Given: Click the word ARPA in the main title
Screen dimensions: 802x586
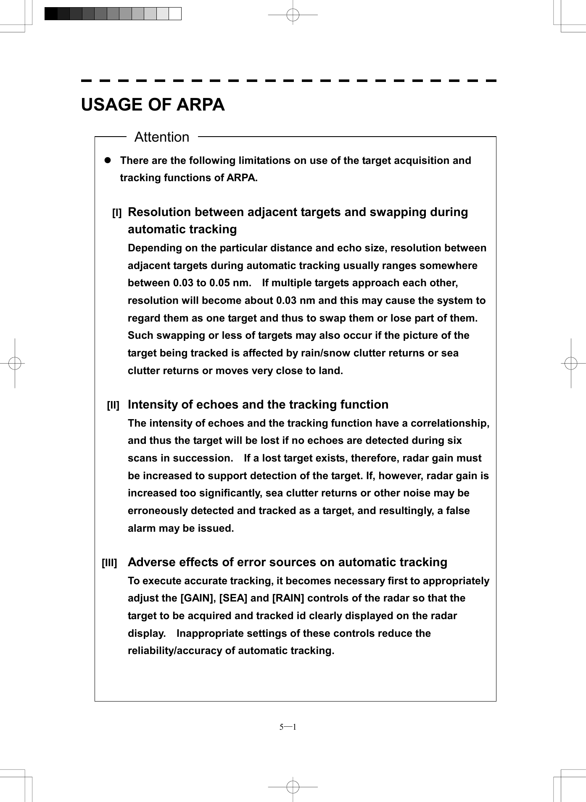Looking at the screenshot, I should point(200,105).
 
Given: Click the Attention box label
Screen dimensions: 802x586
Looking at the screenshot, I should point(162,137).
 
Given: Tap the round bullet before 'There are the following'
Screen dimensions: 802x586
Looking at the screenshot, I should point(107,161).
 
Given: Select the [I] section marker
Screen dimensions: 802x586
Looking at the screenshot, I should point(116,213).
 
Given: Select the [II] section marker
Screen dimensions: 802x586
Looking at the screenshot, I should point(113,406).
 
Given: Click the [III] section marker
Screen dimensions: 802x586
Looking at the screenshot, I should point(109,563).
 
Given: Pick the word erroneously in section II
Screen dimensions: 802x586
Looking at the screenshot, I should point(158,511).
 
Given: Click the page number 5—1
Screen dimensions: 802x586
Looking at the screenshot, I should point(288,727).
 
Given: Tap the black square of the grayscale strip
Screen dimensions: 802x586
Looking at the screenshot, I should point(51,14).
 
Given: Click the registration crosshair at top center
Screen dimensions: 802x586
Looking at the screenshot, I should point(293,15).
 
